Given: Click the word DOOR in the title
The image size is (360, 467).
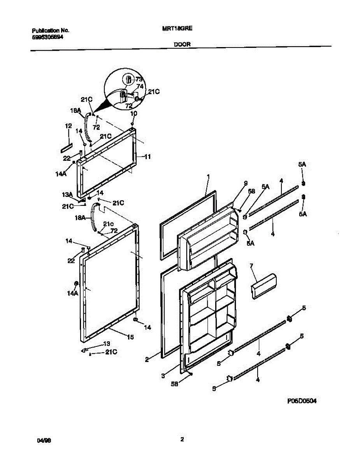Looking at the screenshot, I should click(182, 45).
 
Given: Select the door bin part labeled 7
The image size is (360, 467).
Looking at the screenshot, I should click(264, 286).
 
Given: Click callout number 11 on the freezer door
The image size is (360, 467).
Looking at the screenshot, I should click(148, 157).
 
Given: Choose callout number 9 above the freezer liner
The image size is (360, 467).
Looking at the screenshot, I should click(246, 183).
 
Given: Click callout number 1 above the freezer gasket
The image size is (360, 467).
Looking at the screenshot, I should click(208, 177).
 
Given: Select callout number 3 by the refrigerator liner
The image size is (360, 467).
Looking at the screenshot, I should click(163, 376).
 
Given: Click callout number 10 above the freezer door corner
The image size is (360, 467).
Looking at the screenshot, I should click(134, 113).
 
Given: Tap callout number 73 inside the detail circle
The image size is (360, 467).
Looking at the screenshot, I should click(139, 79).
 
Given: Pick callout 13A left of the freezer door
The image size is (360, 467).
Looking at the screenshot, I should click(68, 195).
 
